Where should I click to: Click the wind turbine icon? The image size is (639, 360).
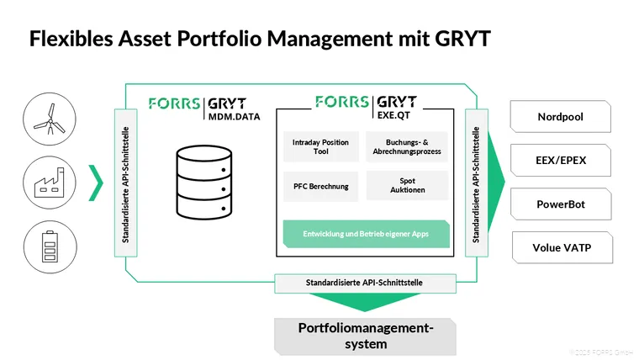(x=47, y=117)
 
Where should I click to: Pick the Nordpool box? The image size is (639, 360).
(x=561, y=117)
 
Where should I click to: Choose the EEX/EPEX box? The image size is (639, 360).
(x=561, y=160)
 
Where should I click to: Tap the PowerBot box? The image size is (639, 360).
(x=561, y=204)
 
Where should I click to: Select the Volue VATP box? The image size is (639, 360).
(x=561, y=247)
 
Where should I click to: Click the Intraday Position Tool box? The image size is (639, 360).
(x=320, y=146)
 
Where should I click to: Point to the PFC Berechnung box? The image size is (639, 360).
(x=320, y=186)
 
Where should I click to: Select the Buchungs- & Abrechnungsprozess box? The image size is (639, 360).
(x=407, y=146)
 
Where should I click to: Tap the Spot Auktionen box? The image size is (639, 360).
(x=407, y=186)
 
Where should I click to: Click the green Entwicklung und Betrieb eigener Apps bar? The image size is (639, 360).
(x=366, y=233)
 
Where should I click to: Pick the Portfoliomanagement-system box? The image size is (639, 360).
(x=366, y=336)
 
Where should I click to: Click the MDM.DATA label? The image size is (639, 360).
(x=235, y=117)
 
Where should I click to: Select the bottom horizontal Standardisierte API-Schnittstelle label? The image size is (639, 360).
(x=365, y=283)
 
